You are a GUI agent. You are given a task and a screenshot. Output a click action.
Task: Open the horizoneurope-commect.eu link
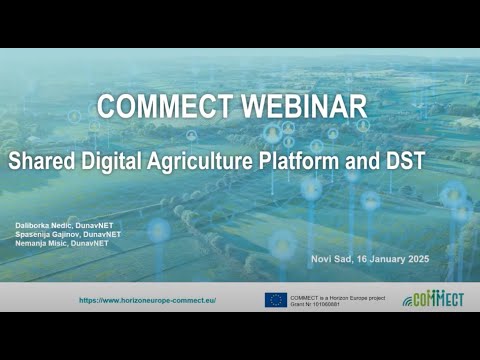tap(147, 299)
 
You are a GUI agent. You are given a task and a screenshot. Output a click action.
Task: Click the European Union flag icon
tap(276, 299)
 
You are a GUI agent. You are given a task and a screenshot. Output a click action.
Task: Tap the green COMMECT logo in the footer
tap(434, 299)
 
